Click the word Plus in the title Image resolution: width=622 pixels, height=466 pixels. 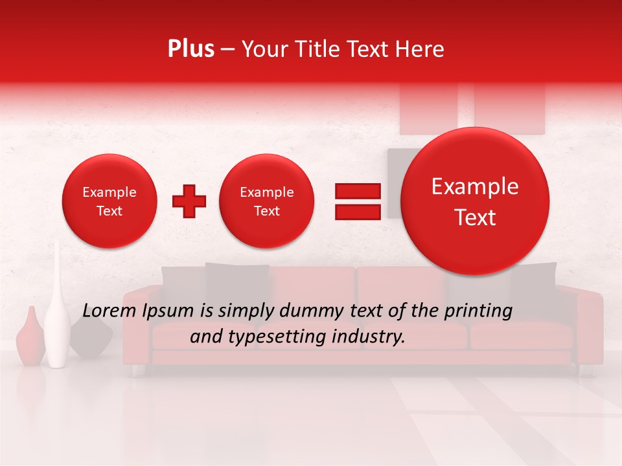[190, 49]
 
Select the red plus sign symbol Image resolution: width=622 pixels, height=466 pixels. [189, 201]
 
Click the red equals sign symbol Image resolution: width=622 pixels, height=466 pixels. [357, 201]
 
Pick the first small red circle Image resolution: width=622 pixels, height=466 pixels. [109, 201]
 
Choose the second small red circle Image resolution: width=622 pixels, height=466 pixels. [266, 201]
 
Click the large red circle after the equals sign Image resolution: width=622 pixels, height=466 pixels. [475, 201]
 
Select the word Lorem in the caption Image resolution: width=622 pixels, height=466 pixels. [105, 311]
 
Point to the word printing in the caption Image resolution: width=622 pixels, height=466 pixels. [478, 312]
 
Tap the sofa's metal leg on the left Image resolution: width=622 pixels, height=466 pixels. [137, 370]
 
